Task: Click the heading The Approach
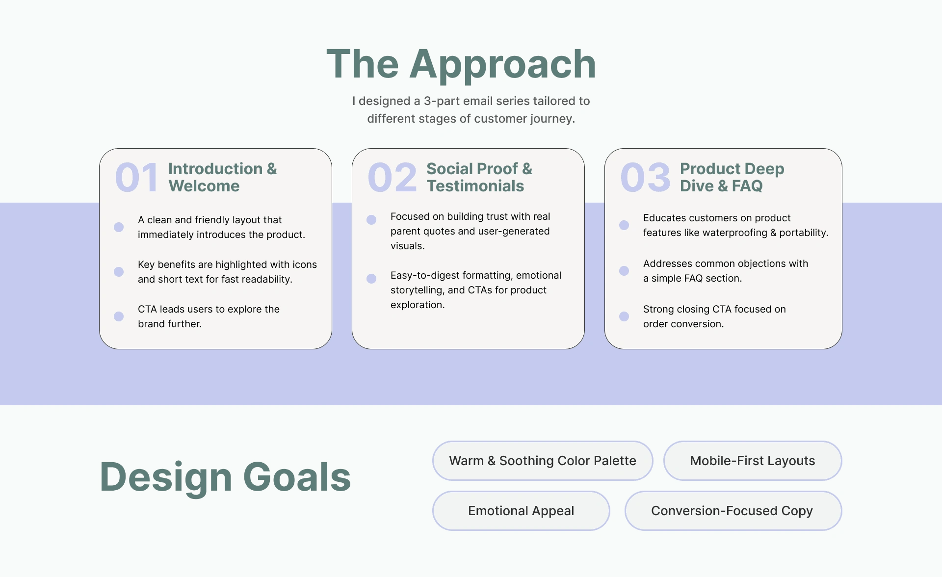461,64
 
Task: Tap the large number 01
137,178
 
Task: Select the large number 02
392,178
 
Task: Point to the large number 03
645,178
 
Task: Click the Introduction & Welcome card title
223,177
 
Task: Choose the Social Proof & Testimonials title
479,177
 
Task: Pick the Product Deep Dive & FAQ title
732,177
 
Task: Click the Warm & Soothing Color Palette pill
543,461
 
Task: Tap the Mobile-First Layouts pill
753,461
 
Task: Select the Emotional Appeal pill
521,511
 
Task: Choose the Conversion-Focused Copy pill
733,511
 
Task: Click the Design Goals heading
225,477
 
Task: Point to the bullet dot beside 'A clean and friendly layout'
119,227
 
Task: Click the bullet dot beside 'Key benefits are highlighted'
119,272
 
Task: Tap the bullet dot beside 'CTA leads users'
119,316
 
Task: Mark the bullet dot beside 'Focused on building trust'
371,220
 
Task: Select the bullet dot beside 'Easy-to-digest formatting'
371,279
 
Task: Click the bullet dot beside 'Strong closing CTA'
624,316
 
